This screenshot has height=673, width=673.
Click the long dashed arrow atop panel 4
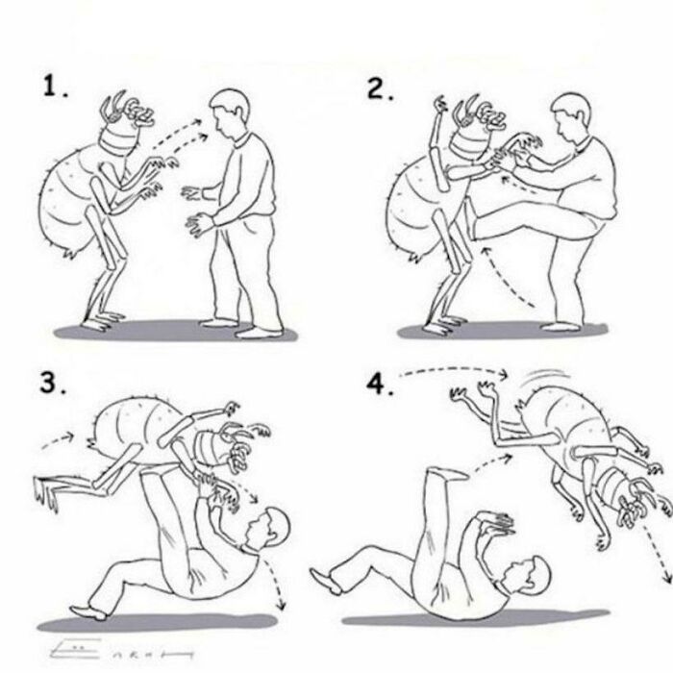(x=452, y=369)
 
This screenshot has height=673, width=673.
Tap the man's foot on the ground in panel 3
(x=90, y=611)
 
